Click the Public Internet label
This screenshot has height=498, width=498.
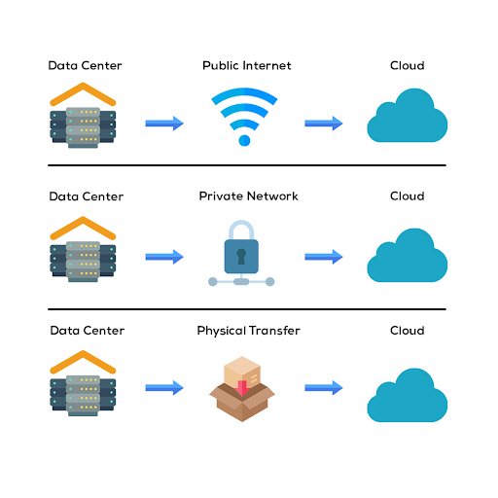247,65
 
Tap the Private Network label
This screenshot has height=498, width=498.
248,196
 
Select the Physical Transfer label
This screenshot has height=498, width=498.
248,331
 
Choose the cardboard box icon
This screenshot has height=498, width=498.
242,389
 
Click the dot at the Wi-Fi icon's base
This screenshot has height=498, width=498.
244,140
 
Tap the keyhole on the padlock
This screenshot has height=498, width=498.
241,257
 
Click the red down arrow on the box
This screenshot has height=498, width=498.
242,388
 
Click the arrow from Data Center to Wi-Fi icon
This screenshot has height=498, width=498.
164,124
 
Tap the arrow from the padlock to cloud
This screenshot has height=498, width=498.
324,257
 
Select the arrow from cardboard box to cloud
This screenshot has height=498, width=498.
324,388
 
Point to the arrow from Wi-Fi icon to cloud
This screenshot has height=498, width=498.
324,124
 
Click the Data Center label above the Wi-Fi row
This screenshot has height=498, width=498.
85,65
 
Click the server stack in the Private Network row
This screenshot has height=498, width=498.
83,262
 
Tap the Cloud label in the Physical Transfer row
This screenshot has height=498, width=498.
408,331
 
